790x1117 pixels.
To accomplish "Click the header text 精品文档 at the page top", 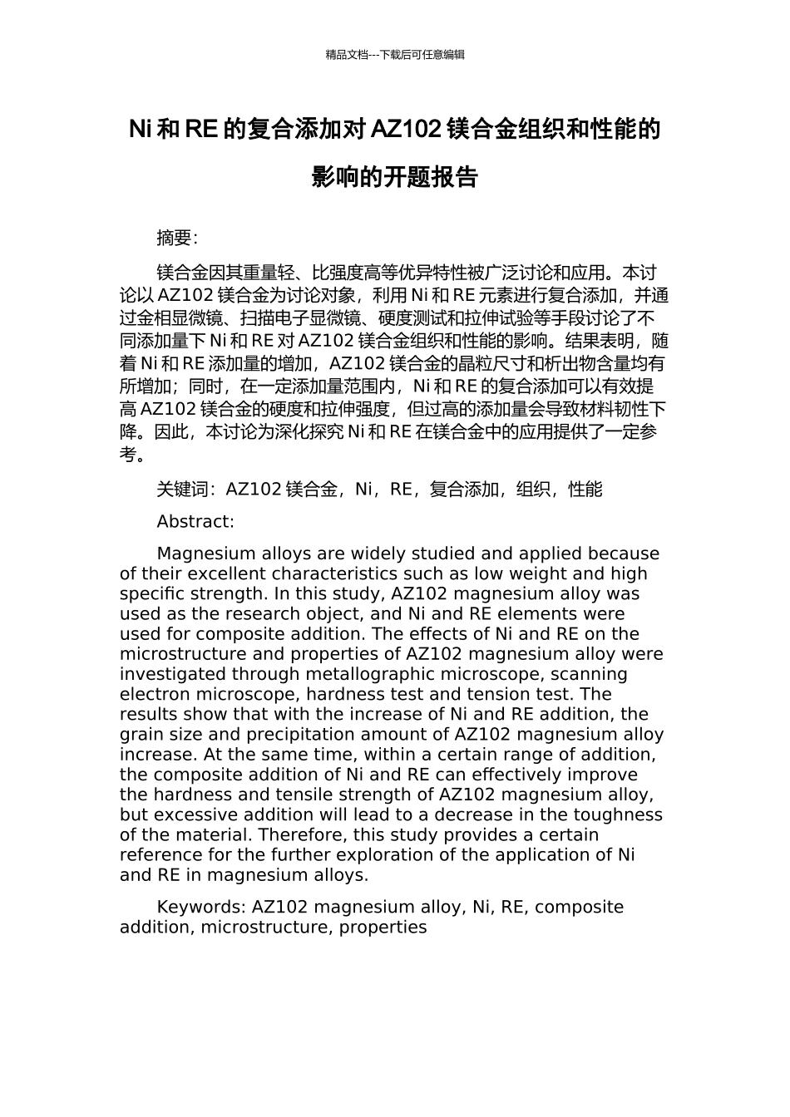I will (x=347, y=55).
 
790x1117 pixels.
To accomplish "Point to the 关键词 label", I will (x=182, y=490).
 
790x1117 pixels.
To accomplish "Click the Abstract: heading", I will (x=195, y=522).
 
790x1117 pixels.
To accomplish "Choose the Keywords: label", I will (x=201, y=907).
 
